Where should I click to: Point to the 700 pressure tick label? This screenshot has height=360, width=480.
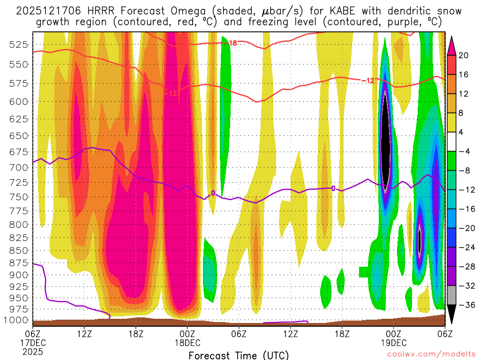19,167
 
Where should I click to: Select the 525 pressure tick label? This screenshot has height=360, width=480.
19,45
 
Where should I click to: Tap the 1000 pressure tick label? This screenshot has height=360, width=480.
16,320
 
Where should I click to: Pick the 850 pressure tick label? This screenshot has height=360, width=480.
19,250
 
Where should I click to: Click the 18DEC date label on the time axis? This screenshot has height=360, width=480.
188,342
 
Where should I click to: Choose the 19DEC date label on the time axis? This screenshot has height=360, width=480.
393,342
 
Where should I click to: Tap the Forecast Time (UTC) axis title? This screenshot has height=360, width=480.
239,355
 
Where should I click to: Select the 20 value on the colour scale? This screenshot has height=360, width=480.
464,55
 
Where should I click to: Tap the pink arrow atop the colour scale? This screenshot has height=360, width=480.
452,45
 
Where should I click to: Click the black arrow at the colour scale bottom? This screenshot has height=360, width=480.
452,315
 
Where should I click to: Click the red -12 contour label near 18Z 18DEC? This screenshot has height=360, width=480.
367,81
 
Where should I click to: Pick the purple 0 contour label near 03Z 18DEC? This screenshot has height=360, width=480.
213,193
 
